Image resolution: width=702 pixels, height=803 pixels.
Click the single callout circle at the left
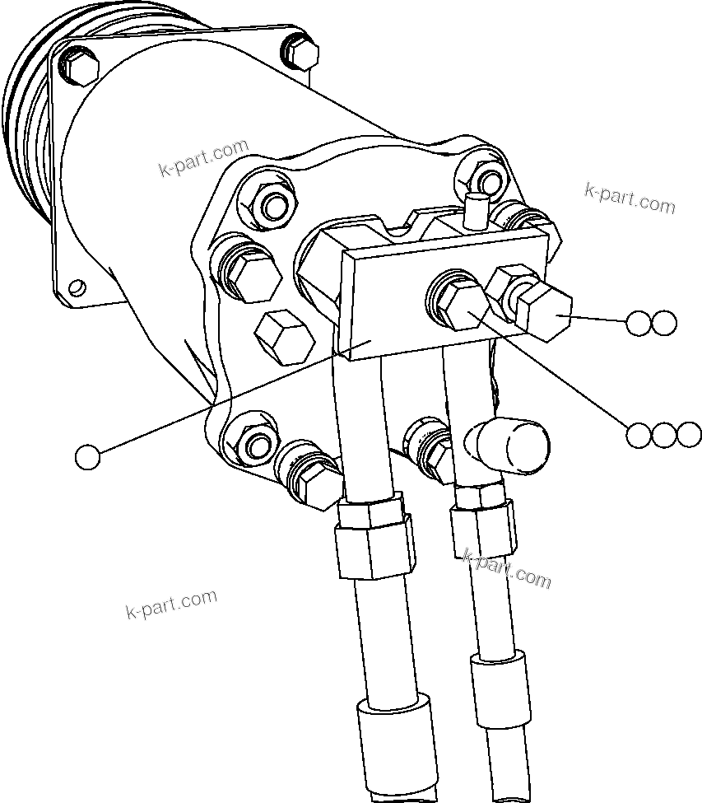pyautogui.click(x=86, y=456)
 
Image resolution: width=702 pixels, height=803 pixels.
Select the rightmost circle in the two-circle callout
pyautogui.click(x=664, y=323)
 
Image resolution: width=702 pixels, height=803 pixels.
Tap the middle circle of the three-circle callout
pyautogui.click(x=664, y=435)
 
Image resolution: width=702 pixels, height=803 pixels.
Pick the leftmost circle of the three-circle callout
pyautogui.click(x=639, y=435)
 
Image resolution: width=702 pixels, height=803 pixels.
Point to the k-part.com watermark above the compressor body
pyautogui.click(x=203, y=159)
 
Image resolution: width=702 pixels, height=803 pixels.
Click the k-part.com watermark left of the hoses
pyautogui.click(x=171, y=605)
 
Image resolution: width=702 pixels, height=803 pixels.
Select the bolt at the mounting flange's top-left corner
pyautogui.click(x=80, y=67)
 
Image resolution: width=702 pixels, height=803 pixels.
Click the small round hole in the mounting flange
pyautogui.click(x=77, y=287)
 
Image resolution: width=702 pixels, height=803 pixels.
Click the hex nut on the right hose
pyautogui.click(x=484, y=521)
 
